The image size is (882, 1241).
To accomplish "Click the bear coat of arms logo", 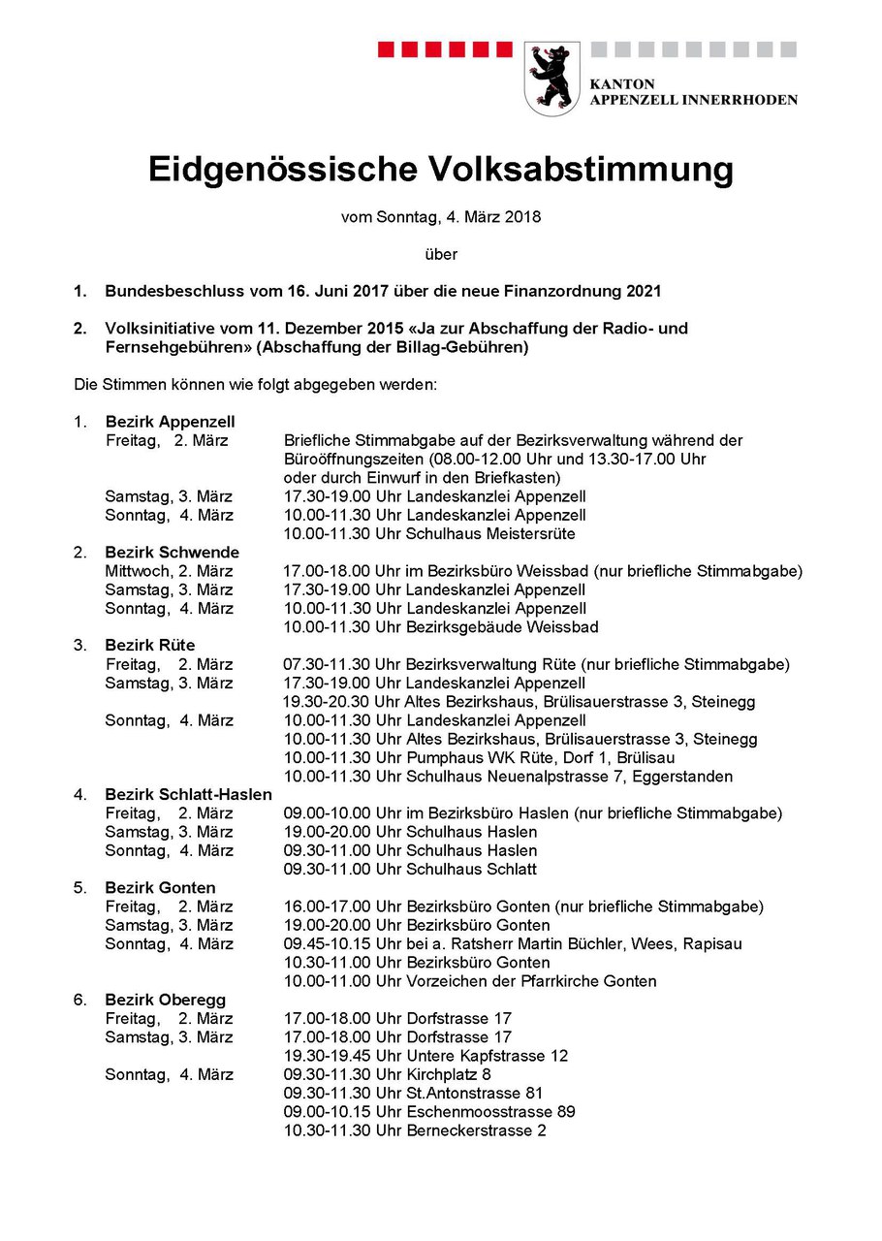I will click(551, 79).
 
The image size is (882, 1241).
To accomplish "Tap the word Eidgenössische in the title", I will click(273, 170).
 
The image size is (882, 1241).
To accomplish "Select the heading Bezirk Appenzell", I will click(170, 422).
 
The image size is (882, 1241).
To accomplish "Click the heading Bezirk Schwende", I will click(172, 553).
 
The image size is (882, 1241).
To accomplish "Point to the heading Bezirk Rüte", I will click(150, 646).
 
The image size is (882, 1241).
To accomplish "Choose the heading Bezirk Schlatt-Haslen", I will click(188, 795).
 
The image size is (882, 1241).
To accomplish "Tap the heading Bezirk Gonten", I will click(160, 888).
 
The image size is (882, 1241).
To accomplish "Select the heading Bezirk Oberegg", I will click(165, 1000).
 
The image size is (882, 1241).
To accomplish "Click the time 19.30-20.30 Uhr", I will click(329, 702).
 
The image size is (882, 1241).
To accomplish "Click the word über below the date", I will click(440, 254).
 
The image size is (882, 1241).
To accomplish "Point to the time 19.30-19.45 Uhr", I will click(329, 1056).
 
